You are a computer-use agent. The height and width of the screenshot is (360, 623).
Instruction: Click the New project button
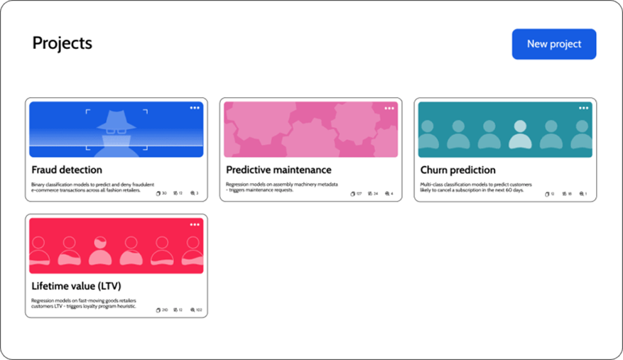click(553, 44)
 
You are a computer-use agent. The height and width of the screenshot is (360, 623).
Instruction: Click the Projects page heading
click(63, 43)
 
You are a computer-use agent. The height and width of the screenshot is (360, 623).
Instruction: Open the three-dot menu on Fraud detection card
click(195, 108)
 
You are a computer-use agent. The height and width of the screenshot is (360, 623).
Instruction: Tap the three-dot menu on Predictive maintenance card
click(389, 108)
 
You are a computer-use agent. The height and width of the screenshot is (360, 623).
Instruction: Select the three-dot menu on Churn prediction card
click(583, 108)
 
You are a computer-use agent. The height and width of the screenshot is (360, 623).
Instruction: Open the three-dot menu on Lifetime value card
click(195, 224)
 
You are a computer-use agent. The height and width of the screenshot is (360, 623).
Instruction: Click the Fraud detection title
click(67, 170)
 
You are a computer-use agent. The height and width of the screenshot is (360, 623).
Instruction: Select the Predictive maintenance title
click(278, 170)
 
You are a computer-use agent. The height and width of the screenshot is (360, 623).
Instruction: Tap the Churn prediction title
click(457, 170)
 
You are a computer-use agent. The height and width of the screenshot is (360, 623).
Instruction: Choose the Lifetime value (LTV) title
click(76, 286)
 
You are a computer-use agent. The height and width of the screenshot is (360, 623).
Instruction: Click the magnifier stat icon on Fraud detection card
click(191, 193)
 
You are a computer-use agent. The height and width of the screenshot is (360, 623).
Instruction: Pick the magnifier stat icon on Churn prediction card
click(581, 193)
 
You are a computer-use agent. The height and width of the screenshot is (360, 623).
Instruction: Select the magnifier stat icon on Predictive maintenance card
click(386, 193)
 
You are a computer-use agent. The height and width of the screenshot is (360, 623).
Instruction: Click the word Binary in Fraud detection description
click(38, 184)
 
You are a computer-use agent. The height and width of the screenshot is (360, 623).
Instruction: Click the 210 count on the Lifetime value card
click(165, 310)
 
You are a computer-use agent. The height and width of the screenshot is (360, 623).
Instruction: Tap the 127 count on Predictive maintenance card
click(359, 193)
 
